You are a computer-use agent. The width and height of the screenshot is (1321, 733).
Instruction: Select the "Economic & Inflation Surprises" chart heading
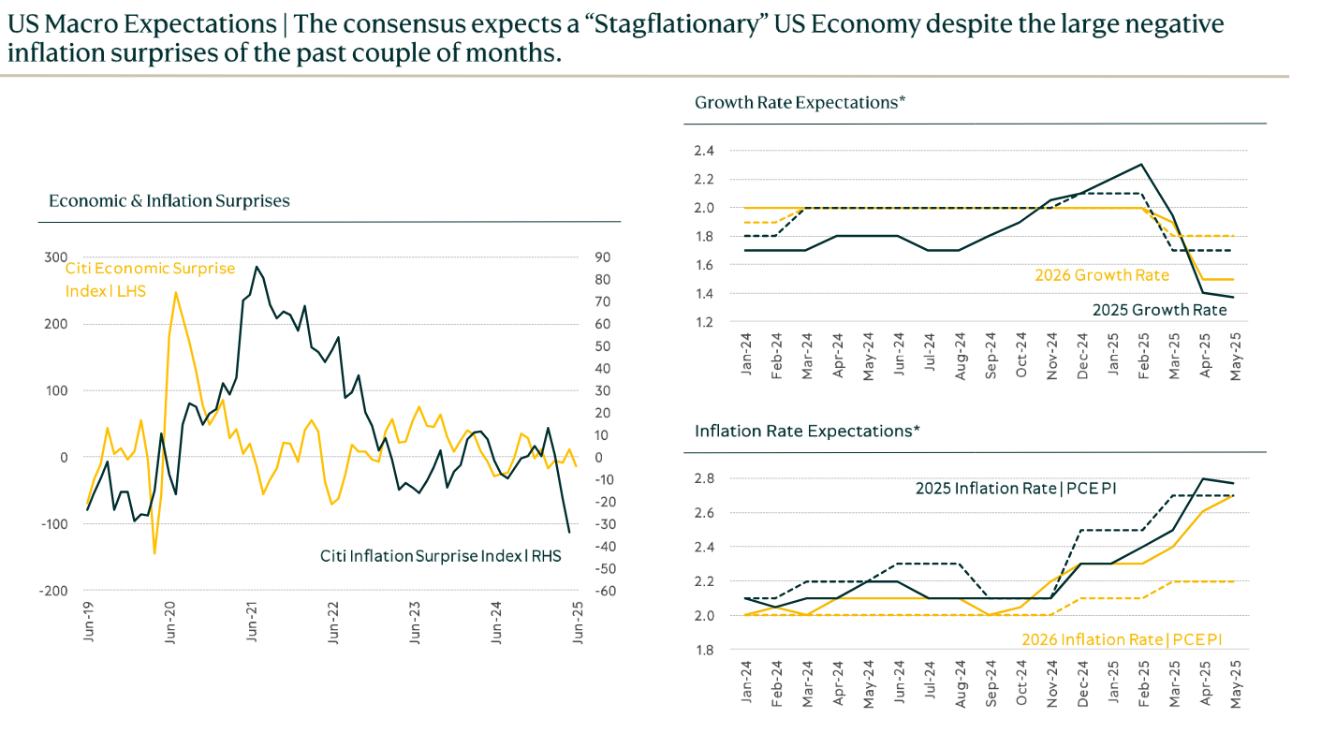pyautogui.click(x=169, y=201)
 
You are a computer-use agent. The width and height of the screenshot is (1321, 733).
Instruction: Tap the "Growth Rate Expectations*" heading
pyautogui.click(x=800, y=102)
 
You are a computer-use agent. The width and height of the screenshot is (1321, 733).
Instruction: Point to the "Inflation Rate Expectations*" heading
pyautogui.click(x=807, y=431)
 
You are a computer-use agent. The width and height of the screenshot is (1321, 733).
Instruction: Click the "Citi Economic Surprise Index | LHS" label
pyautogui.click(x=150, y=280)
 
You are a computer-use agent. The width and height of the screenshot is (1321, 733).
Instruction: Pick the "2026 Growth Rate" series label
pyautogui.click(x=1101, y=275)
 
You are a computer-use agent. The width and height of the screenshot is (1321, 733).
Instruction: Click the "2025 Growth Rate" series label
pyautogui.click(x=1159, y=310)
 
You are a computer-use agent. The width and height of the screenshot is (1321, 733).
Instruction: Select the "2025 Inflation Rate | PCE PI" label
pyautogui.click(x=1016, y=488)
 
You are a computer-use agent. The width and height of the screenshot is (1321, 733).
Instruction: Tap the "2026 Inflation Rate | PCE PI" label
pyautogui.click(x=1121, y=639)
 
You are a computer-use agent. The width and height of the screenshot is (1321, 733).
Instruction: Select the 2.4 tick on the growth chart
pyautogui.click(x=704, y=151)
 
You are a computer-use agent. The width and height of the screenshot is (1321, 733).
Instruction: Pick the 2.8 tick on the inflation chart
pyautogui.click(x=704, y=478)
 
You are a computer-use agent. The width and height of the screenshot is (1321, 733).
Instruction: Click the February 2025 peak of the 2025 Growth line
pyautogui.click(x=1141, y=165)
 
